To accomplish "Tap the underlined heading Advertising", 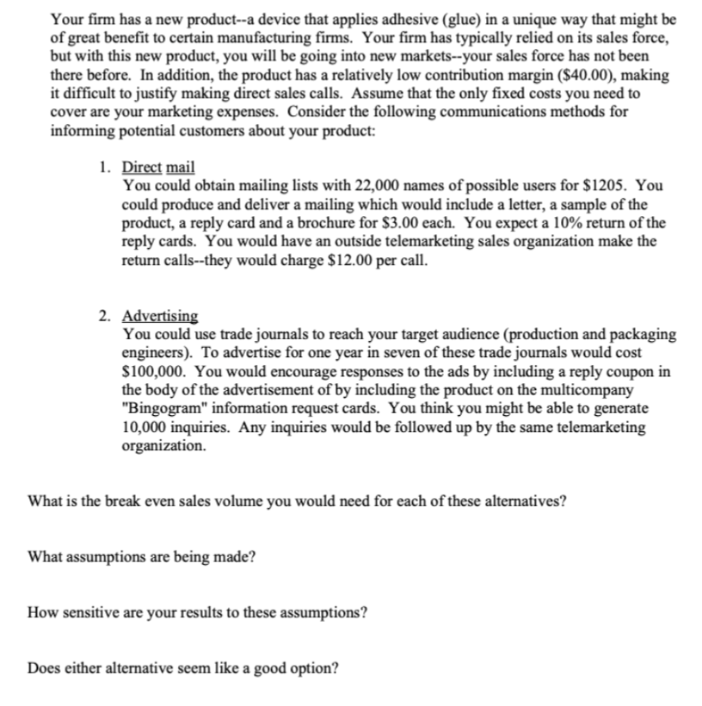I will [161, 316].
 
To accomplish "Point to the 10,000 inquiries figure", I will [151, 427].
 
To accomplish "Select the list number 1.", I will [102, 167].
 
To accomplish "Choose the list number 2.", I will [102, 316].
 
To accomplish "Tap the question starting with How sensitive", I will [199, 612].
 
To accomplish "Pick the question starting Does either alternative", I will [182, 668].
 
